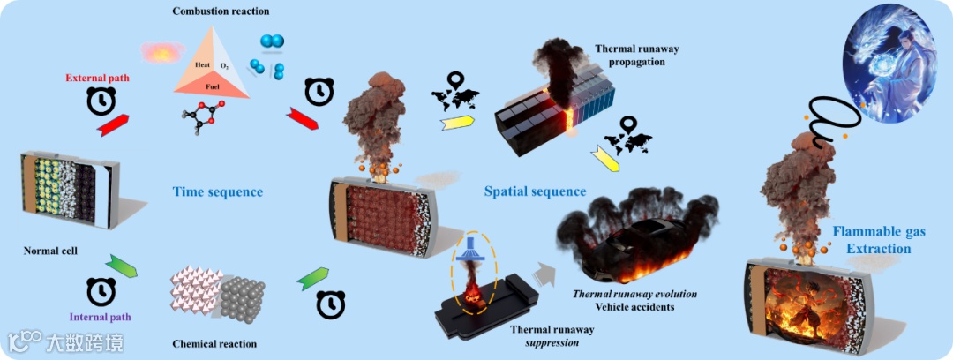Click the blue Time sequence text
click(217, 191)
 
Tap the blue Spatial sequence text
click(535, 191)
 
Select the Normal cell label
click(51, 251)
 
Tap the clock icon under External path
click(101, 102)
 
